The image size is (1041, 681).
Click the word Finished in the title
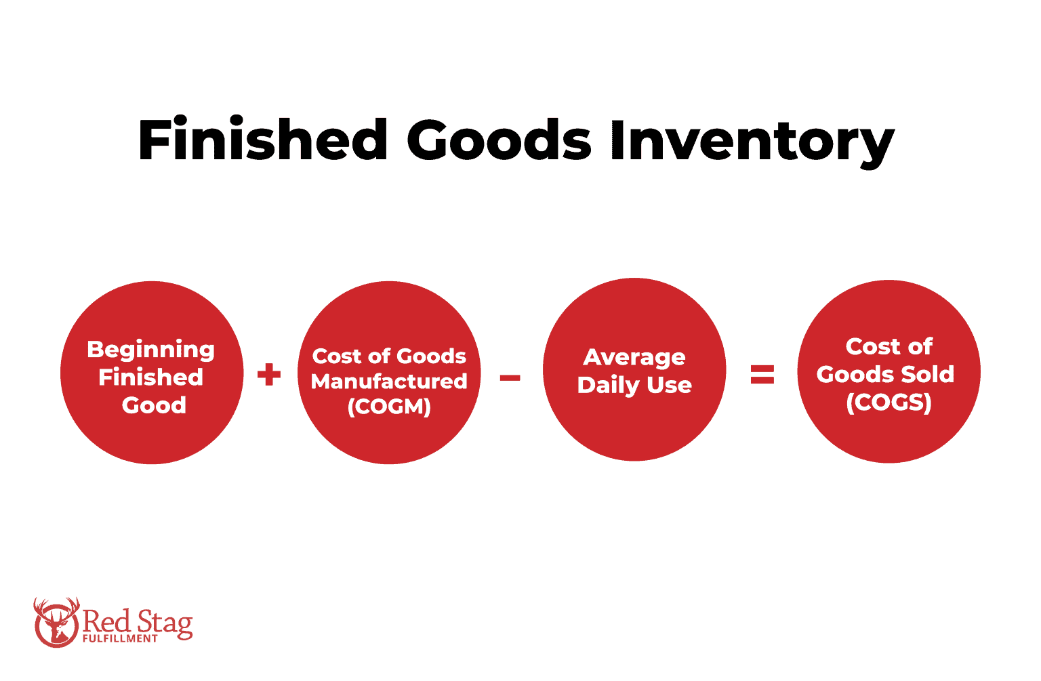click(x=262, y=140)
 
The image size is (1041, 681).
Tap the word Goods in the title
click(x=499, y=140)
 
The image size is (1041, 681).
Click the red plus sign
click(x=269, y=374)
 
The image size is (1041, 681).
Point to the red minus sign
click(x=510, y=377)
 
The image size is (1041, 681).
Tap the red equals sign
click(x=762, y=374)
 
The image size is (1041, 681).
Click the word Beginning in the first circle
click(x=151, y=350)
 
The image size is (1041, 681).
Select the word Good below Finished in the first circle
click(x=154, y=405)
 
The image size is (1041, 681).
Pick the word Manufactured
click(x=389, y=381)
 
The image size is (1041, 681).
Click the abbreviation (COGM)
click(x=389, y=407)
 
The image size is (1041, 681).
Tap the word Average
click(x=634, y=357)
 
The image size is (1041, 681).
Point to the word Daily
click(x=609, y=385)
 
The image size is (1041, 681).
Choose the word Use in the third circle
click(x=670, y=385)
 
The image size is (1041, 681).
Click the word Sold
click(x=927, y=374)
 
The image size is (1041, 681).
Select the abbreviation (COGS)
click(x=889, y=403)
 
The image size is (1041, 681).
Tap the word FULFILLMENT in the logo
click(x=120, y=638)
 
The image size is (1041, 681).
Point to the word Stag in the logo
click(x=165, y=622)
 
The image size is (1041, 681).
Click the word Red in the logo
click(x=106, y=620)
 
